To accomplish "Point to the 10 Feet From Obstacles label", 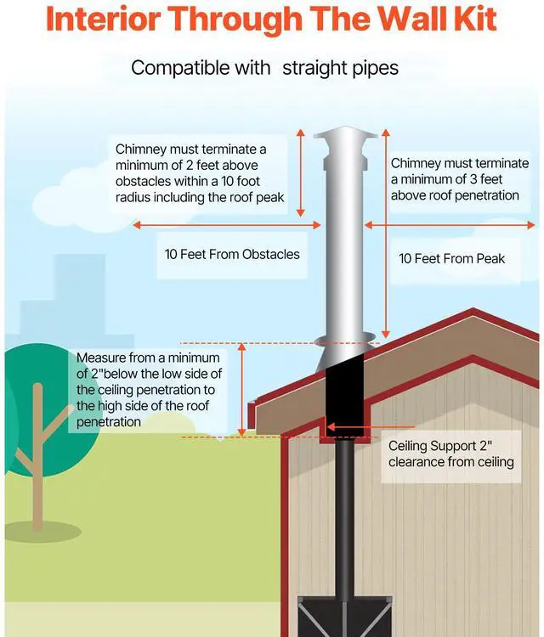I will [232, 254].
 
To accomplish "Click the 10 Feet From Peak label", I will [452, 258].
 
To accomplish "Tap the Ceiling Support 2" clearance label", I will [451, 454].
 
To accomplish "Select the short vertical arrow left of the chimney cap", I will [299, 171].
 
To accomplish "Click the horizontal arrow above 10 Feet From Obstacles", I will [228, 225].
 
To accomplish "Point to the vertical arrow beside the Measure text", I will [243, 390].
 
